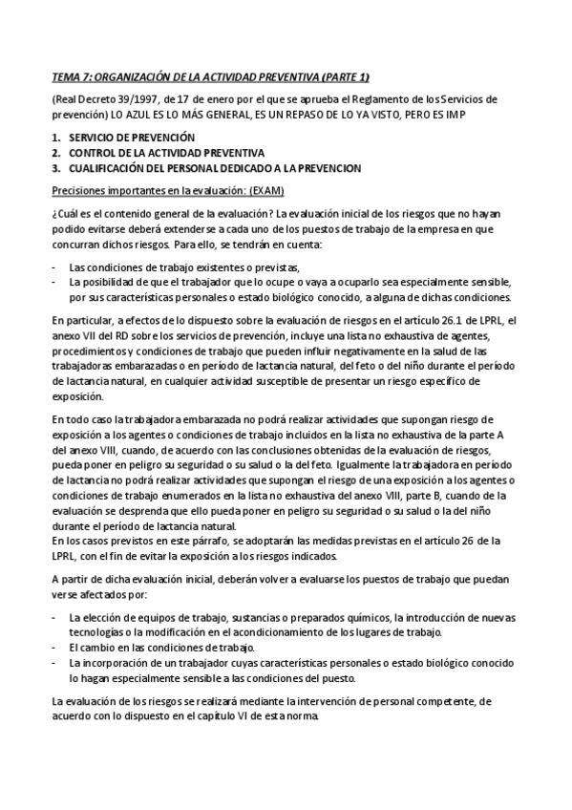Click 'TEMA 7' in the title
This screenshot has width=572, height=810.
(x=68, y=76)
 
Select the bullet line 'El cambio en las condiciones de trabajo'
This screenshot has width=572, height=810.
(x=156, y=646)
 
